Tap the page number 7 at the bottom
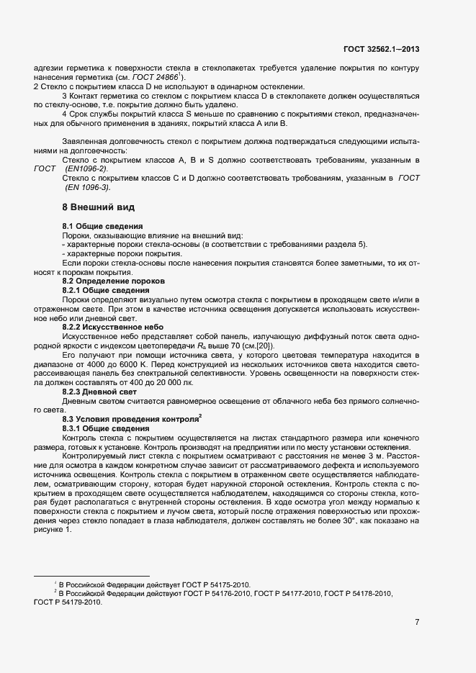tap(417, 622)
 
